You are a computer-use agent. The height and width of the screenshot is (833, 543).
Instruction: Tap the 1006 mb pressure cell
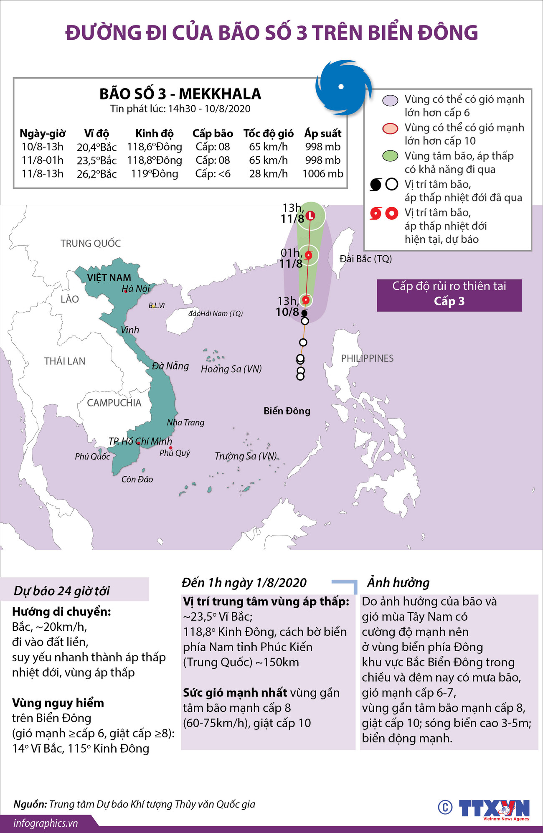pos(322,174)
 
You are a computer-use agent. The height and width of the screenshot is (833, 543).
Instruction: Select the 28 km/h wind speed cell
pos(268,174)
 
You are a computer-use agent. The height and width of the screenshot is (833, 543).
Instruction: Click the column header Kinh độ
pos(154,134)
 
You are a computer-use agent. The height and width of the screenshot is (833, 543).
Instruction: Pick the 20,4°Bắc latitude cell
pos(96,147)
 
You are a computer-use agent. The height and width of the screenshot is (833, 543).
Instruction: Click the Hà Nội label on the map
pos(136,289)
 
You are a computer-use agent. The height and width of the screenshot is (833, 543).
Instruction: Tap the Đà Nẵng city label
pos(170,366)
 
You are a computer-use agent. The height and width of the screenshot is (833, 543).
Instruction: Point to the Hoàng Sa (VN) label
pos(231,369)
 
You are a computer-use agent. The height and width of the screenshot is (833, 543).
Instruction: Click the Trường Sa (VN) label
pos(246,456)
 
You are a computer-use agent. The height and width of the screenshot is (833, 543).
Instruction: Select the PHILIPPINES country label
pos(367,358)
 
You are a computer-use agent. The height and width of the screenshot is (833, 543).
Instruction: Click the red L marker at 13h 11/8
pos(310,216)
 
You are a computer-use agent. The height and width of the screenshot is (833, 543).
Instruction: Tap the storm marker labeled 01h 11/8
pos(309,255)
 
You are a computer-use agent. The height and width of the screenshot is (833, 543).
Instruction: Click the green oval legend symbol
pos(390,156)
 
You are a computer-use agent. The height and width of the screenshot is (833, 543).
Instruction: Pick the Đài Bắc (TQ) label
pos(365,259)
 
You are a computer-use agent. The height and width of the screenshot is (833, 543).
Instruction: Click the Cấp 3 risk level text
pos(449,301)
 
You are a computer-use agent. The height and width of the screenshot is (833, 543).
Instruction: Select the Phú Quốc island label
pos(92,457)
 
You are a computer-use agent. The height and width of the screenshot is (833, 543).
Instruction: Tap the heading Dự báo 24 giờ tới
pos(62,591)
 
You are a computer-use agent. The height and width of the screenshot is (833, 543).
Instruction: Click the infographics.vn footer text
pos(46,823)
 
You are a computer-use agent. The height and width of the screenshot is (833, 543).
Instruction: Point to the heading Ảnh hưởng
pos(398,582)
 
